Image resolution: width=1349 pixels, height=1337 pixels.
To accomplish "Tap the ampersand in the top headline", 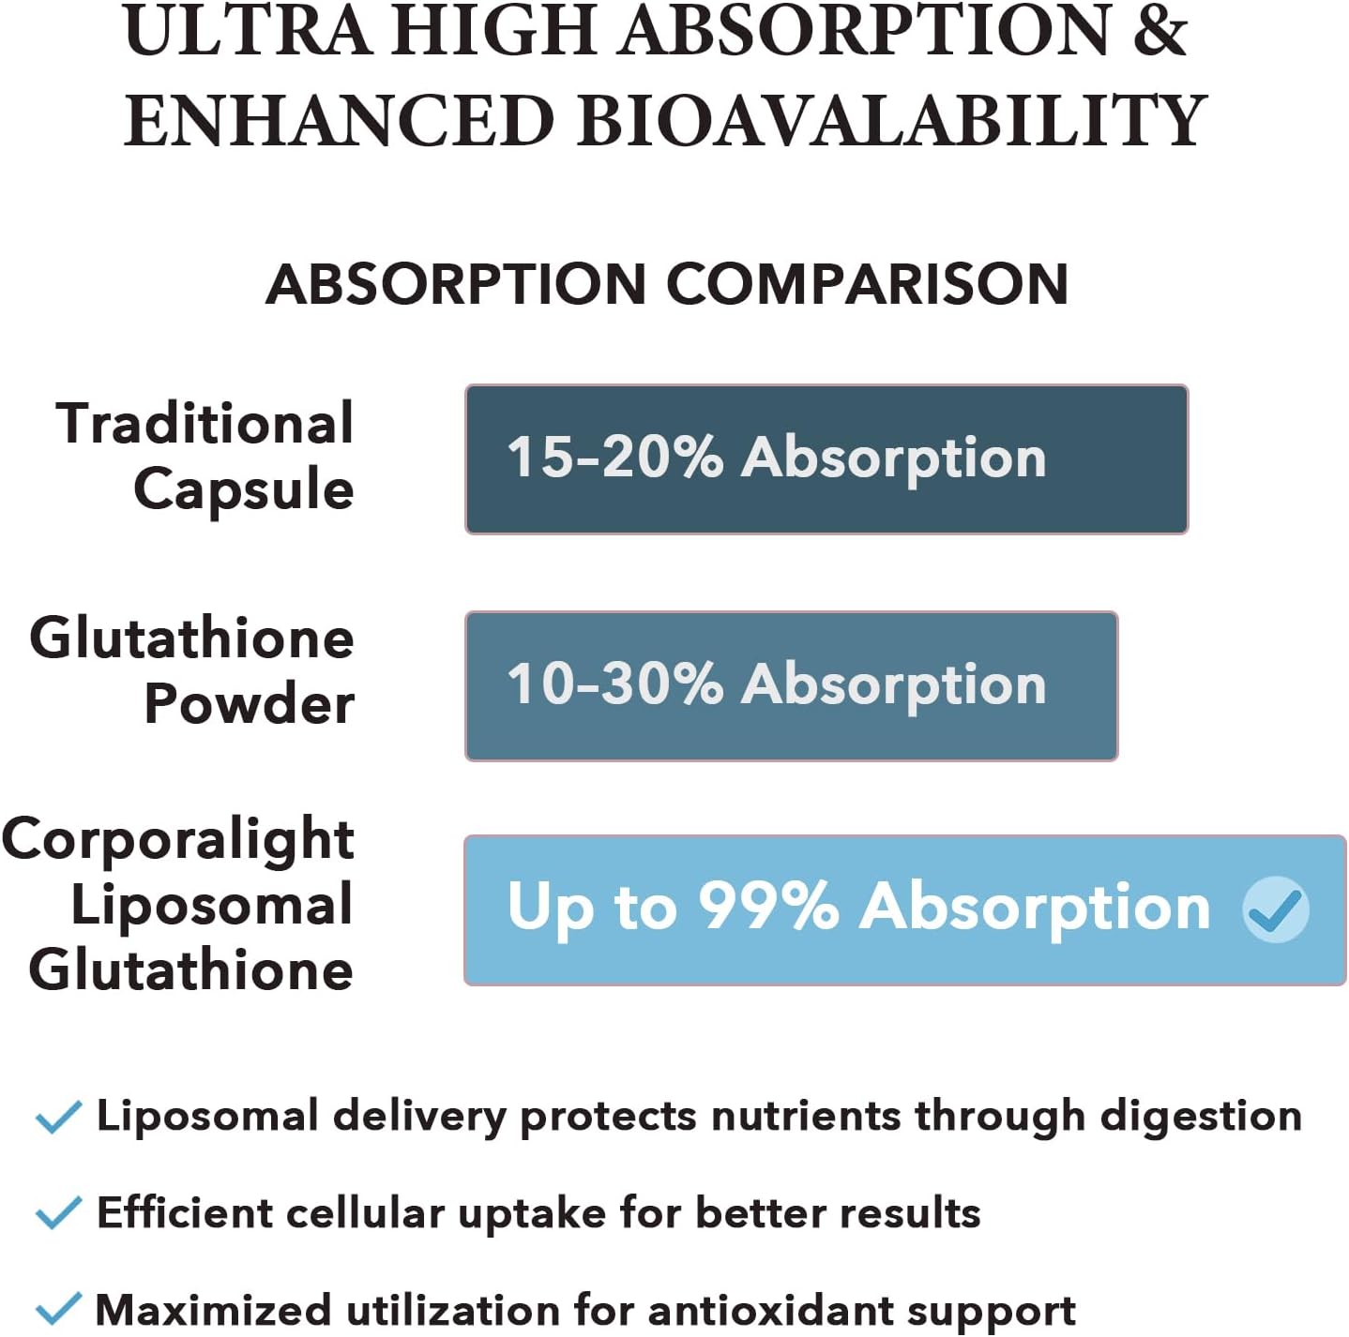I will (x=1160, y=30).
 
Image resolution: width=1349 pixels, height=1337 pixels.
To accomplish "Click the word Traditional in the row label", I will (x=205, y=424).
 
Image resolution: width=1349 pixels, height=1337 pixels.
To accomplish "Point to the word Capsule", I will (x=244, y=489).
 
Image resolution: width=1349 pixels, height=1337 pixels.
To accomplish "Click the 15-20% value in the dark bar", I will (x=614, y=458).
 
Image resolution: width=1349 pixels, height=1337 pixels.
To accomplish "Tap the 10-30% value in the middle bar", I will (x=614, y=684).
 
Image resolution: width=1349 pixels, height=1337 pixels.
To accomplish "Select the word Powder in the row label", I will (x=250, y=703).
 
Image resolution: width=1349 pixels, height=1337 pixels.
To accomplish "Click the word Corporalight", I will (x=178, y=839).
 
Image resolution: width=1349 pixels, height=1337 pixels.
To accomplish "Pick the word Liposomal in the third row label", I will (x=212, y=905).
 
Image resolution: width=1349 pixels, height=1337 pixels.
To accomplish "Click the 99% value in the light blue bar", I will (x=768, y=907).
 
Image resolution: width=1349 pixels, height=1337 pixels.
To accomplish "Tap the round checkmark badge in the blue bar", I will (x=1275, y=909).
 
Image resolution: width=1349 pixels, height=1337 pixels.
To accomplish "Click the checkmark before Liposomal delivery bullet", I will (x=58, y=1117).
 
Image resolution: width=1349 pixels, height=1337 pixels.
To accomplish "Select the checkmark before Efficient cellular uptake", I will (x=58, y=1213).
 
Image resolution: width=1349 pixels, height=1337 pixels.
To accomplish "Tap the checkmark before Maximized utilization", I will (x=58, y=1309).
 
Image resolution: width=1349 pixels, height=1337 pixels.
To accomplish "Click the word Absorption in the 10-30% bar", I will (x=893, y=684).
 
